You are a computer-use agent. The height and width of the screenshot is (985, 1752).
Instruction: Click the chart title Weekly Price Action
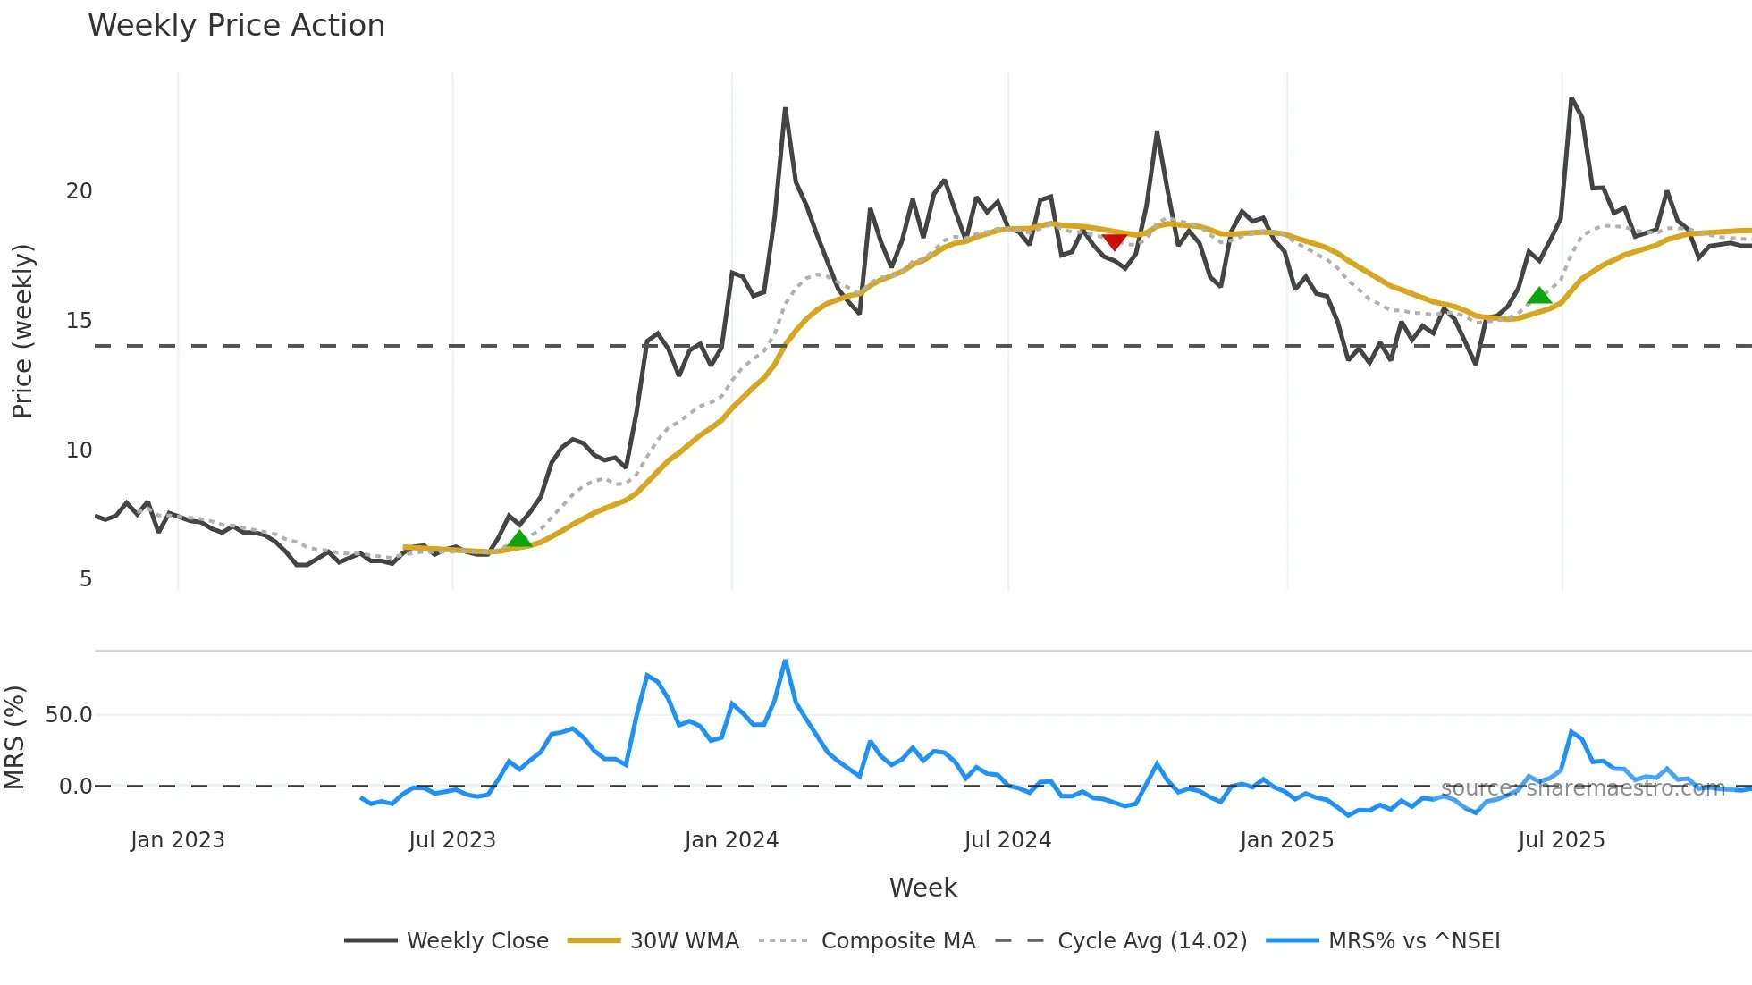236,26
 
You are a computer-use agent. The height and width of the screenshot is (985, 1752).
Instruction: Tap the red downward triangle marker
1114,240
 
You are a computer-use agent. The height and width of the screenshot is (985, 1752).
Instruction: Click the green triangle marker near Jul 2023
519,539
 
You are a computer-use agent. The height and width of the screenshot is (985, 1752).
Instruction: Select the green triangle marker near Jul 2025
1538,296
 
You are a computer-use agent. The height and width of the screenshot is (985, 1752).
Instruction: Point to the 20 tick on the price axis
80,191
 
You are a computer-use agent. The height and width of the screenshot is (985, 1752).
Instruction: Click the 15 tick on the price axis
80,321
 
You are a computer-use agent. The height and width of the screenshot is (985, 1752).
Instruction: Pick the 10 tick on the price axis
80,450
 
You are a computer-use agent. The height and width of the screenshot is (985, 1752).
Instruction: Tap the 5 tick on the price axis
86,579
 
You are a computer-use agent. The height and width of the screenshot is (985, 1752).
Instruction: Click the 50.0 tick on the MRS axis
69,715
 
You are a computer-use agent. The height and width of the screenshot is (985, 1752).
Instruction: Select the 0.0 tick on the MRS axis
75,787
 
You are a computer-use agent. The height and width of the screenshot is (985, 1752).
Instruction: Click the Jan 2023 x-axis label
177,840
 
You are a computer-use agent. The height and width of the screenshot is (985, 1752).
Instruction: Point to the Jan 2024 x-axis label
731,840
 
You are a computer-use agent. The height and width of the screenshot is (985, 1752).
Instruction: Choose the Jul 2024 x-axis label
1007,840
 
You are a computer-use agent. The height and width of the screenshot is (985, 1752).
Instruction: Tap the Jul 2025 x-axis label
1562,840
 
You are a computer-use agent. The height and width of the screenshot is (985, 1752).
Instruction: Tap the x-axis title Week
922,888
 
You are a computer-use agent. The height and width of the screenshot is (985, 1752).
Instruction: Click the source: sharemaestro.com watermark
1582,788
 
